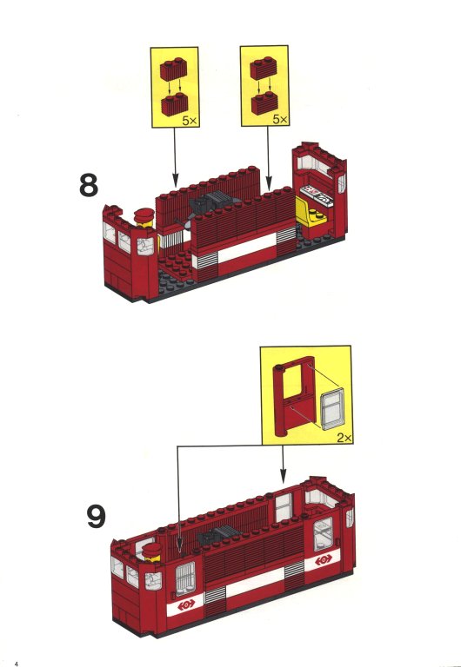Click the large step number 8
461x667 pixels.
(89, 185)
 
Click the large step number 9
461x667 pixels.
(97, 516)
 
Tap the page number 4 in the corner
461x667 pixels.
(17, 664)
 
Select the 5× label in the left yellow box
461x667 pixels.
(190, 121)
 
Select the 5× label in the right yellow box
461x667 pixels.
(280, 120)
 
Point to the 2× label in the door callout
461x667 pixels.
(344, 438)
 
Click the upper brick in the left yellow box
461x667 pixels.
(173, 69)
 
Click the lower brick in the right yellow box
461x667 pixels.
(264, 103)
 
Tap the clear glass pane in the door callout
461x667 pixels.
(332, 408)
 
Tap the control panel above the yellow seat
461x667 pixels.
(317, 195)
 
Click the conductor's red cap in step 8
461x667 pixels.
(144, 215)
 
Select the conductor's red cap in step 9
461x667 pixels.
(151, 550)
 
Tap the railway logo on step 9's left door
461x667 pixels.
(186, 604)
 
